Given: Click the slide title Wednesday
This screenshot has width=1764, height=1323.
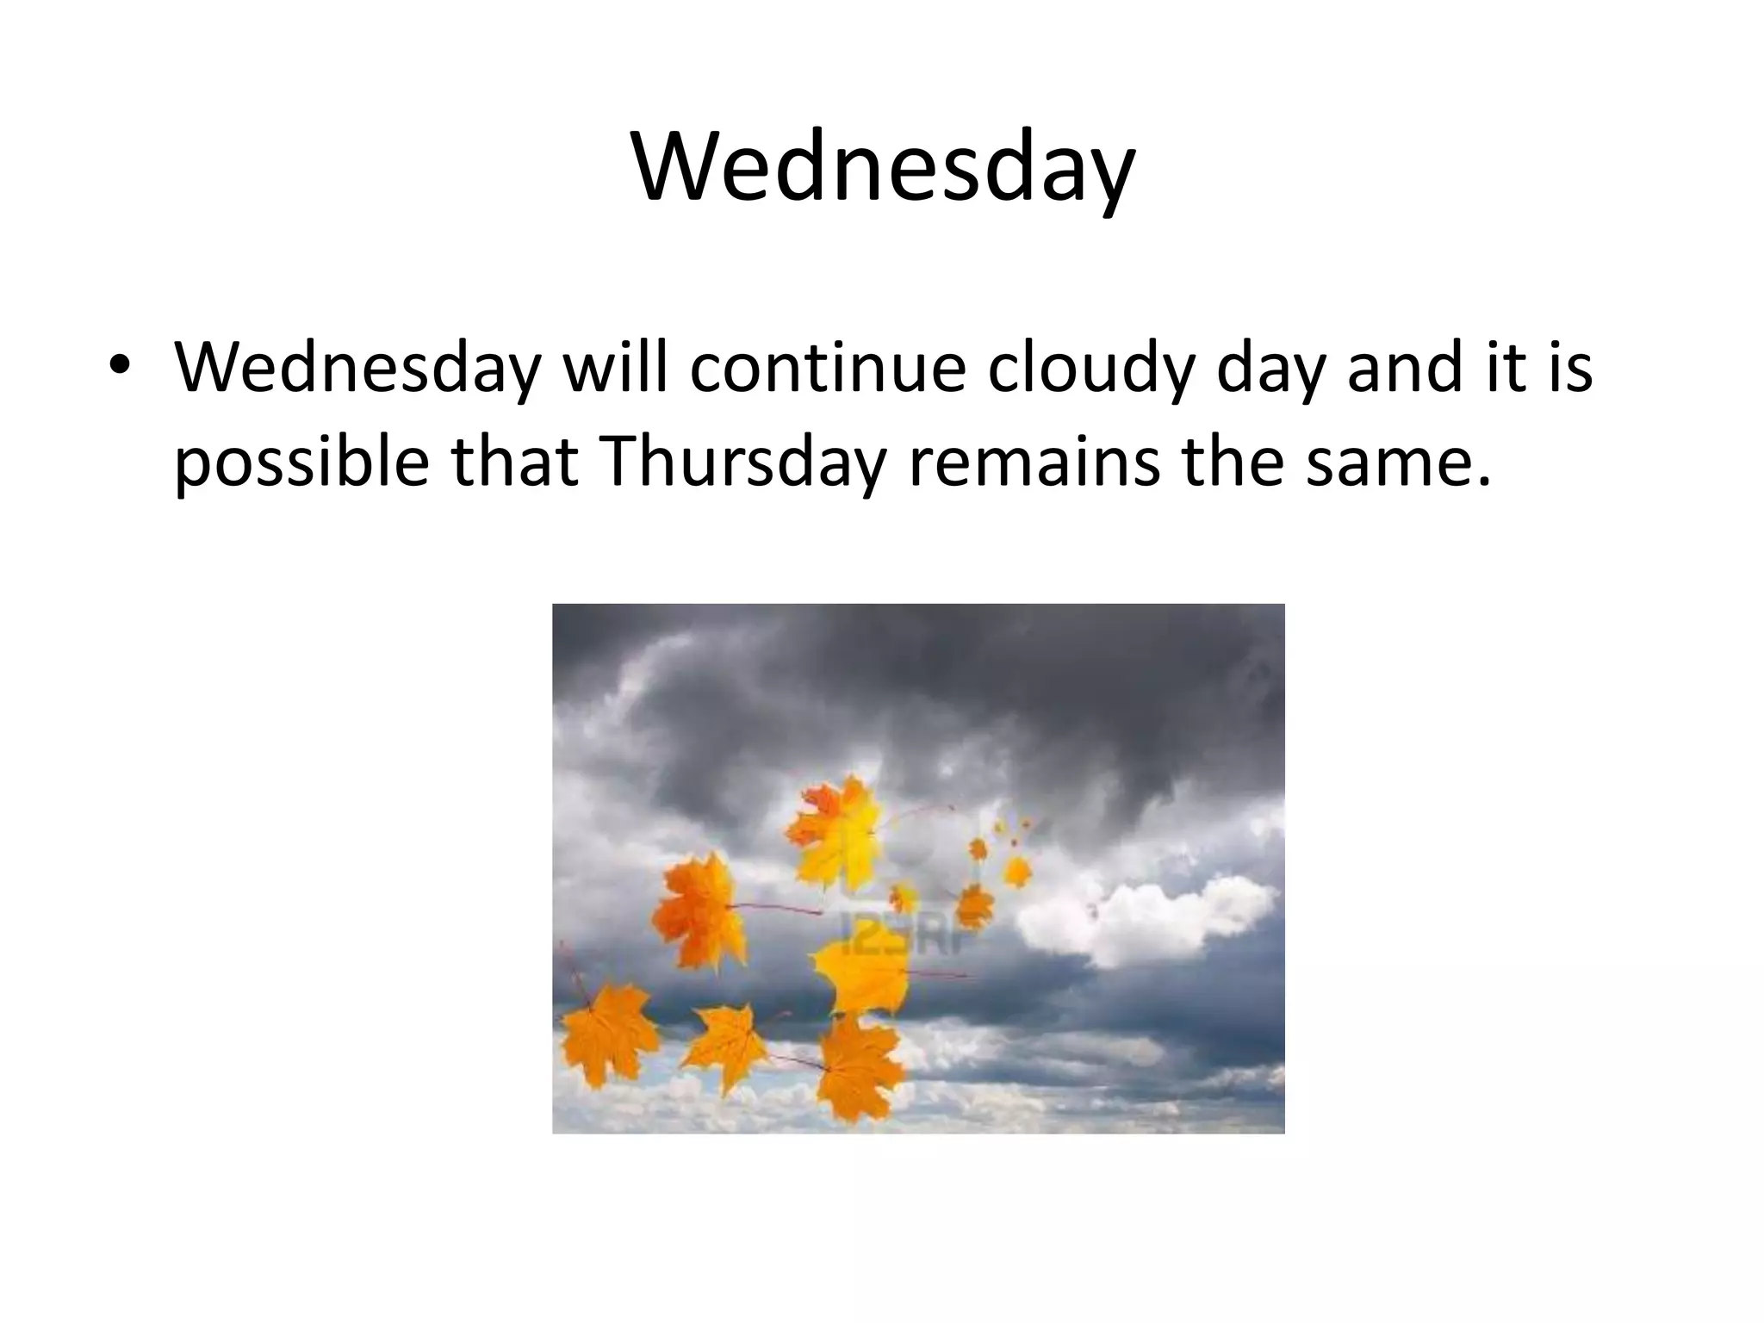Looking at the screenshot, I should coord(882,165).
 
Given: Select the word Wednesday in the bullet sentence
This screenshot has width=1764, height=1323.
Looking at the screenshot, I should coord(357,367).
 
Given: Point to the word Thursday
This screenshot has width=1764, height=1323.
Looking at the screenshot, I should coord(745,462).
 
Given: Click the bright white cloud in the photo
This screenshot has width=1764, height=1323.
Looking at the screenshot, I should coord(1146,917).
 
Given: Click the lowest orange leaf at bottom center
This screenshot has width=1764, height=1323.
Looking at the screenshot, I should coord(857,1068).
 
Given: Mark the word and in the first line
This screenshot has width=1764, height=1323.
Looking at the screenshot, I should coord(1397,367).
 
